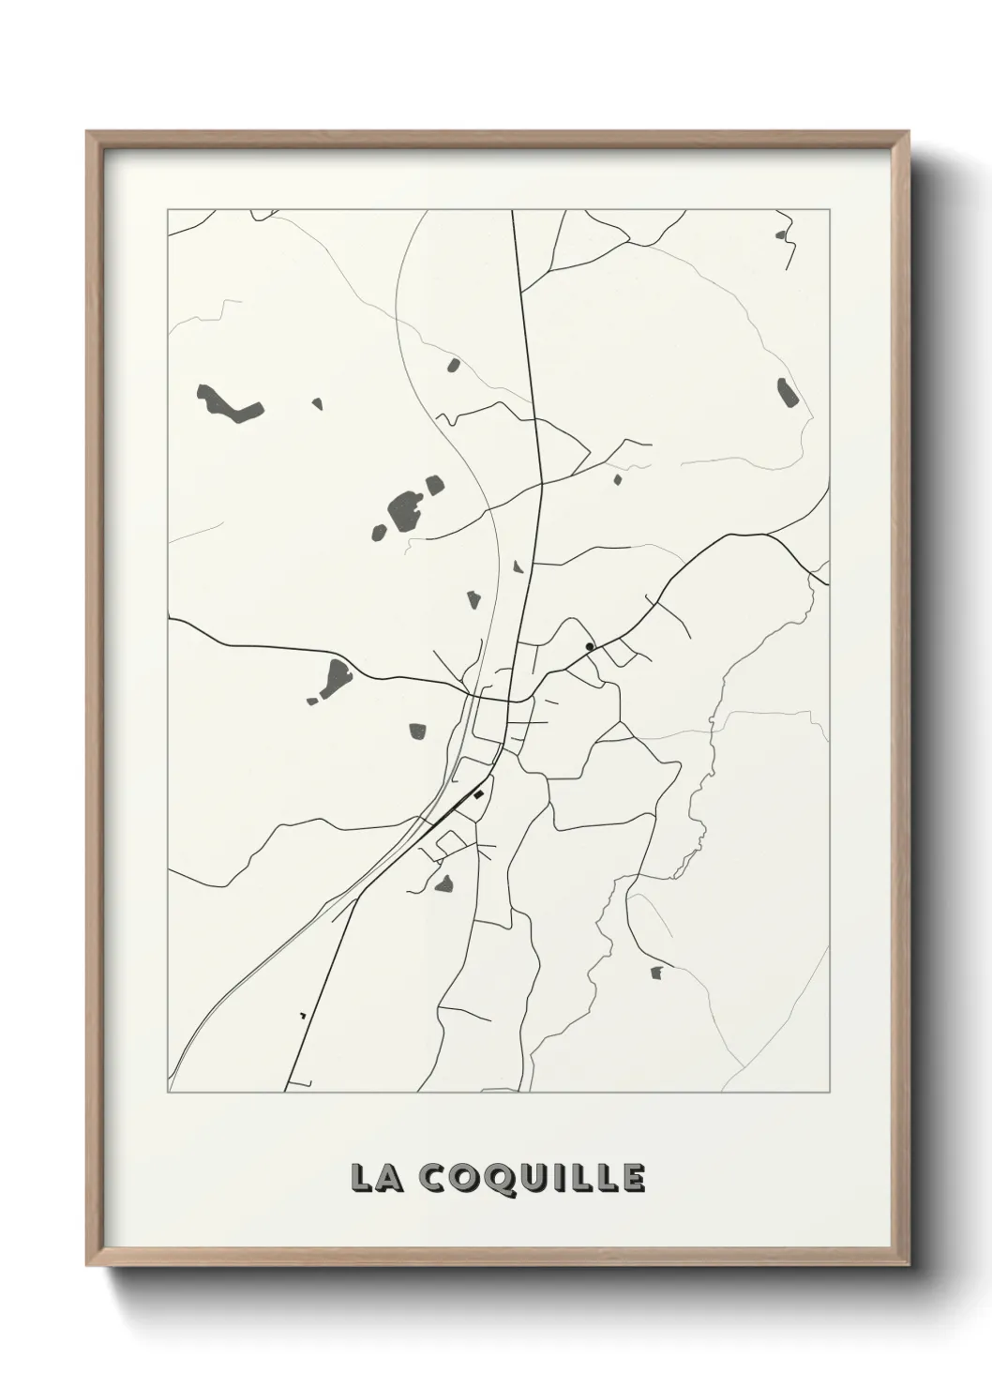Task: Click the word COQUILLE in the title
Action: (530, 1179)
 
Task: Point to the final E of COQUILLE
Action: (633, 1178)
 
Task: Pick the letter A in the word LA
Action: (385, 1178)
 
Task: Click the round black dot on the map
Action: (589, 646)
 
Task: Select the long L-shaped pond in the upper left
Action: (226, 405)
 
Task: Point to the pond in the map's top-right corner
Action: (781, 235)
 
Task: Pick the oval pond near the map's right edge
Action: (786, 392)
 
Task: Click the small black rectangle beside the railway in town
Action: (477, 795)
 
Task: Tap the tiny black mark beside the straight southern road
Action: (302, 1016)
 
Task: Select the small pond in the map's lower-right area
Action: (656, 972)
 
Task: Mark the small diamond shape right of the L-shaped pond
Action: (317, 404)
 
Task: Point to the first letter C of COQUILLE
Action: (430, 1179)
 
